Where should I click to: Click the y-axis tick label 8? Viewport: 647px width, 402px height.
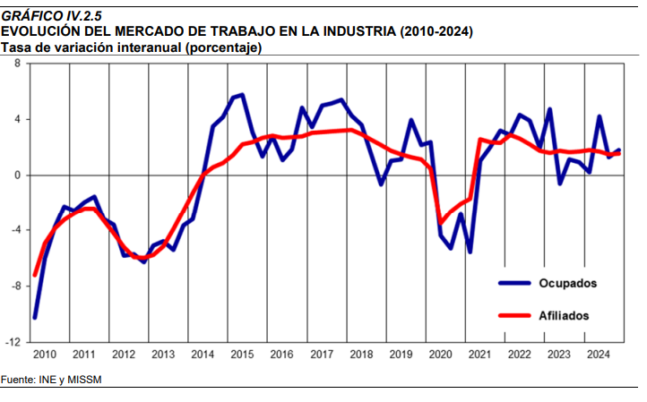pyautogui.click(x=17, y=64)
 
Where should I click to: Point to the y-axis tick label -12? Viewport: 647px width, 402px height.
pyautogui.click(x=13, y=342)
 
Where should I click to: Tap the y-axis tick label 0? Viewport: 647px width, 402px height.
pyautogui.click(x=17, y=175)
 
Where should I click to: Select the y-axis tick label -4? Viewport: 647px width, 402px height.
pyautogui.click(x=15, y=230)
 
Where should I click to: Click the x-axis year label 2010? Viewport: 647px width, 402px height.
pyautogui.click(x=45, y=355)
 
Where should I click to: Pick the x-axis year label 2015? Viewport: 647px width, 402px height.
pyautogui.click(x=241, y=355)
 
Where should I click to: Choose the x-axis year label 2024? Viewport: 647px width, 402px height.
pyautogui.click(x=599, y=355)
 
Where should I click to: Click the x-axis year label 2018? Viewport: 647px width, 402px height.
pyautogui.click(x=361, y=355)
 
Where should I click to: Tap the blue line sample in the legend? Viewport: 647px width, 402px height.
pyautogui.click(x=514, y=283)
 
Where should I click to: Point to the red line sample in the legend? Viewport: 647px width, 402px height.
pyautogui.click(x=514, y=315)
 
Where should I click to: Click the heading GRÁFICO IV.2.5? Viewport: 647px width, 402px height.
pyautogui.click(x=52, y=16)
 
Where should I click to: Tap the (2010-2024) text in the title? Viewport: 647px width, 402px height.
pyautogui.click(x=436, y=31)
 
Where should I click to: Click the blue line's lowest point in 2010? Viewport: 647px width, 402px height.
pyautogui.click(x=35, y=318)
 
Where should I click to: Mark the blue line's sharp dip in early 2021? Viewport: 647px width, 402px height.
pyautogui.click(x=470, y=252)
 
